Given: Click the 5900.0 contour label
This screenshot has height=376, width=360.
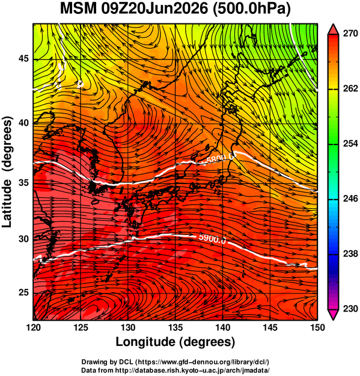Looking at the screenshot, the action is point(212,239).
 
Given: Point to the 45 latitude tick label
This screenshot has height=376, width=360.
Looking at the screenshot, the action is point(24,58).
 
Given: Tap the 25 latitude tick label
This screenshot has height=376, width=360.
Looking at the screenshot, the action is point(24,293).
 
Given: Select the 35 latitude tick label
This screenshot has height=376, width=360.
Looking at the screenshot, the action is point(24,183).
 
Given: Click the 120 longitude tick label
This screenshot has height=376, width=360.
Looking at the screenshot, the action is point(33,327).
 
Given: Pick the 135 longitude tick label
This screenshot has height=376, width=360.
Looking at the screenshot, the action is point(175,327).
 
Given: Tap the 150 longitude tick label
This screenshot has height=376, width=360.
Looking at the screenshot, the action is point(317,327).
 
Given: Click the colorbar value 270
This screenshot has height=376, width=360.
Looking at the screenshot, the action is point(350,34).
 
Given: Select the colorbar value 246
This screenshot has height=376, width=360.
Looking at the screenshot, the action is point(350,199).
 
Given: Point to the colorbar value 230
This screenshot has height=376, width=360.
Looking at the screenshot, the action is point(350,309).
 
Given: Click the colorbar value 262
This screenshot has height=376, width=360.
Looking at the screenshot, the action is point(350,88).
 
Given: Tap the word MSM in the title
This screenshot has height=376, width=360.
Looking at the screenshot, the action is point(78,9).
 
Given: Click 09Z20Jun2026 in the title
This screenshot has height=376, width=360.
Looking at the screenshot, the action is point(154,9).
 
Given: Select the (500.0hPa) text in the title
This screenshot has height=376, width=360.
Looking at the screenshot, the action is point(251,10).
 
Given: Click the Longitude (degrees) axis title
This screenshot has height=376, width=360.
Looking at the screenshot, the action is point(175,342).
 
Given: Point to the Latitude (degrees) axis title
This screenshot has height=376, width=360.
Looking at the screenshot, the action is point(7,171).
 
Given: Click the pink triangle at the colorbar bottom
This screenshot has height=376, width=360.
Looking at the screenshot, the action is point(333,315).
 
